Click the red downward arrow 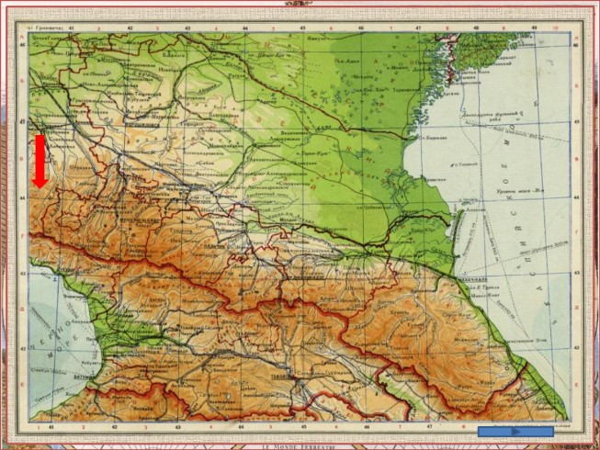40,162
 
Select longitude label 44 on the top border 244,28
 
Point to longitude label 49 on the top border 532,28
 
